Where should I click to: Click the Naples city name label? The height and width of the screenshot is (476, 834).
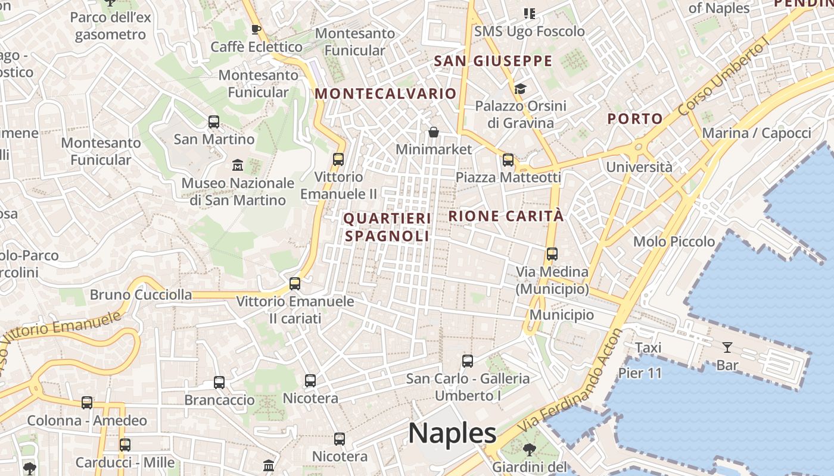[452, 433]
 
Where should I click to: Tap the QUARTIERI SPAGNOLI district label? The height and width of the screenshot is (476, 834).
[387, 227]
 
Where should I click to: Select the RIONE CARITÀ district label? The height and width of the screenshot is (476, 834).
[506, 216]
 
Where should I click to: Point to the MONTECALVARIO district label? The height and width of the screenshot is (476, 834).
[385, 93]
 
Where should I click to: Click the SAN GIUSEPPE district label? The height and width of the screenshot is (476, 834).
[493, 61]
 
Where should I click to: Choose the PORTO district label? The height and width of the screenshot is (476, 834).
[635, 118]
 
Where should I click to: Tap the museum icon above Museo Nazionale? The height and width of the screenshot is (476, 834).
[238, 164]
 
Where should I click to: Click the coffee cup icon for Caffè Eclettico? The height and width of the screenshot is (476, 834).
[256, 29]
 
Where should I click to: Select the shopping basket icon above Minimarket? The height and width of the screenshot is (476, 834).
[434, 131]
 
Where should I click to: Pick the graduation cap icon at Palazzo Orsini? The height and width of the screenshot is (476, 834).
[520, 89]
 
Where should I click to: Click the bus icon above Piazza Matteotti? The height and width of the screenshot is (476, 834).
[508, 159]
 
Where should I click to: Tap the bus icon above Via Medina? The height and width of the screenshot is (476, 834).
[552, 254]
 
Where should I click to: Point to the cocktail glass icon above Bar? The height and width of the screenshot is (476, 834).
[727, 347]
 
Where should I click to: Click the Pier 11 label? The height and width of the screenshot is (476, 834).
[640, 373]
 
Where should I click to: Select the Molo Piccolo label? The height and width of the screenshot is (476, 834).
[674, 242]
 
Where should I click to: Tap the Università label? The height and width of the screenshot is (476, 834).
[639, 167]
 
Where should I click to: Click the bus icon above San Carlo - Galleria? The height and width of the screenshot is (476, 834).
[468, 361]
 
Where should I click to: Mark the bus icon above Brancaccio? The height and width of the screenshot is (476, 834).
[219, 382]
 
